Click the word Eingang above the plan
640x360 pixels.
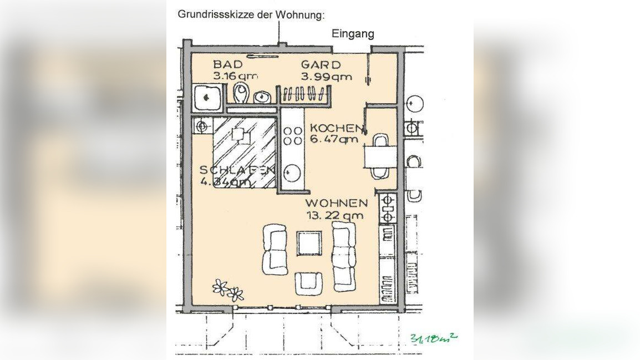353,34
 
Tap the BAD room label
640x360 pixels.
228,65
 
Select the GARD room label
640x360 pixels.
321,65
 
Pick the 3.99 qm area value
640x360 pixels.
326,77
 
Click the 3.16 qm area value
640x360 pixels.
236,77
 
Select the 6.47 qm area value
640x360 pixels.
334,140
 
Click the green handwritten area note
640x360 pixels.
434,338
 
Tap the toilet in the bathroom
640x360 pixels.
241,93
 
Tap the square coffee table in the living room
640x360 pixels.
309,243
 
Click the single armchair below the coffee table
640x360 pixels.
308,283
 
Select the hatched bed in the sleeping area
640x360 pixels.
244,152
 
